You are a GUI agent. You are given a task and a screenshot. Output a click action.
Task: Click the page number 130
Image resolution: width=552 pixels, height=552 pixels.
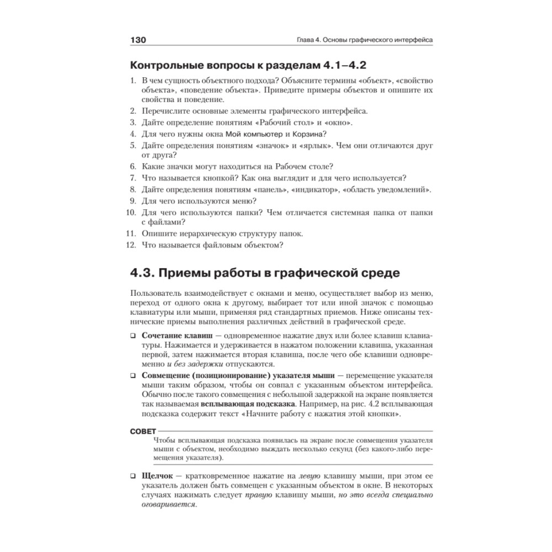[137, 40]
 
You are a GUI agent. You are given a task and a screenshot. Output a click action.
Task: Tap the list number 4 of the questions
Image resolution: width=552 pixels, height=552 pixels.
[132, 134]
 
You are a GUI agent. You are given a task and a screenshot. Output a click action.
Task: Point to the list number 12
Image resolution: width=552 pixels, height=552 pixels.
[131, 245]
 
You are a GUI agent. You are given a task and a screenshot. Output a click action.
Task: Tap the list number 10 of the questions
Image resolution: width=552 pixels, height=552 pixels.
[131, 212]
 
